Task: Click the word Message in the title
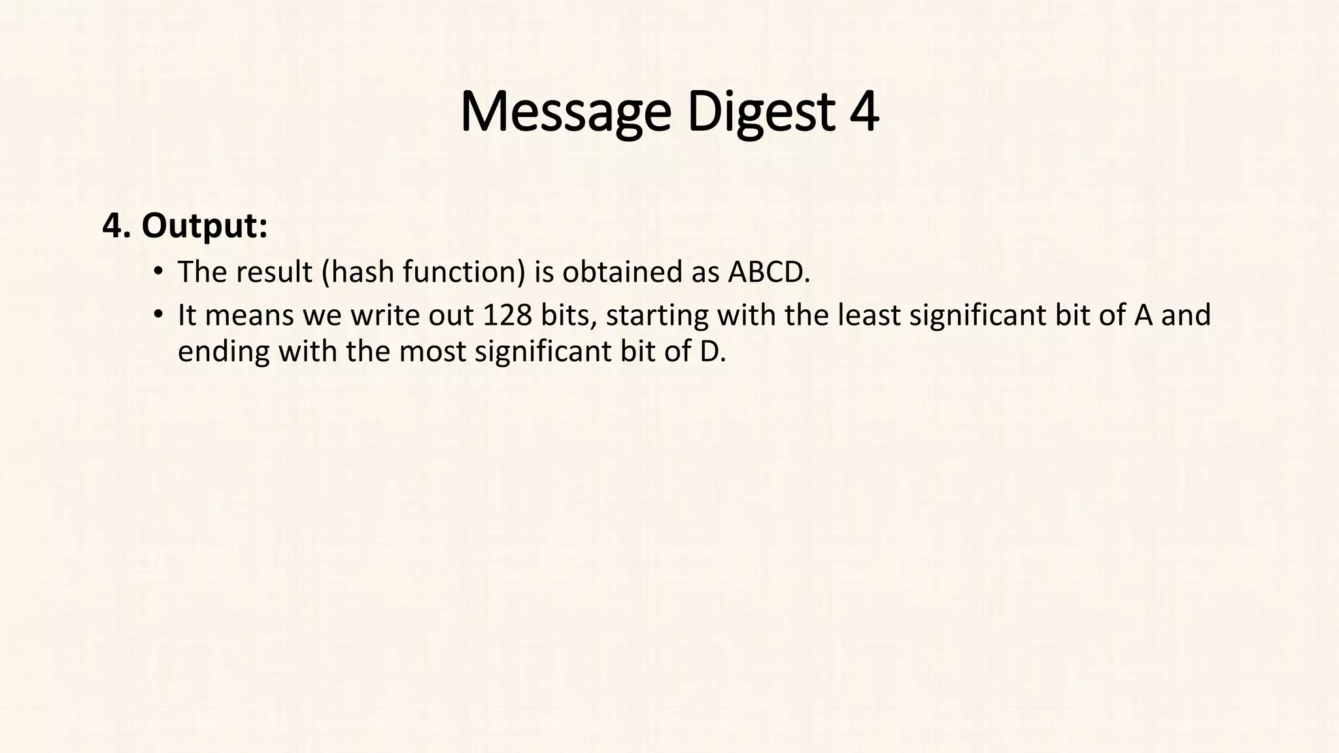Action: [x=566, y=112]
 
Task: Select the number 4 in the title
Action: [x=864, y=112]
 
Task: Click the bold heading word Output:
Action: [x=205, y=226]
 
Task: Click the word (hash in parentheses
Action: [x=358, y=272]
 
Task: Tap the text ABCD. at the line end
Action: [x=769, y=272]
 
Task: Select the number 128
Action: [x=507, y=315]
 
